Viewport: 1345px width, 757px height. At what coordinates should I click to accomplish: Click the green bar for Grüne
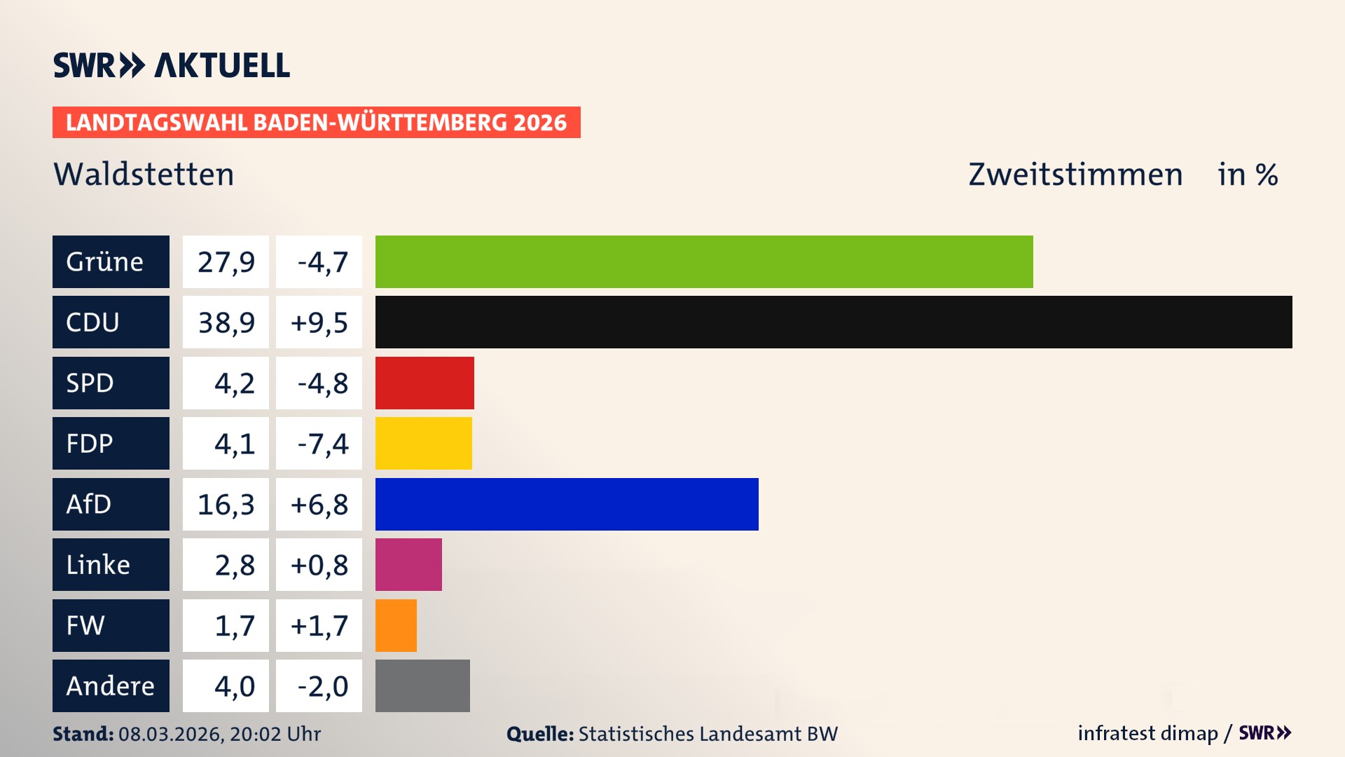point(704,261)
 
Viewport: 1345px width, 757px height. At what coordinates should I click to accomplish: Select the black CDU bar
point(834,322)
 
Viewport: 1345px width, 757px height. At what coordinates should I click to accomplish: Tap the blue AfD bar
point(567,504)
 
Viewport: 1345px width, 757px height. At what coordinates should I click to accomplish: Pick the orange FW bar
point(396,625)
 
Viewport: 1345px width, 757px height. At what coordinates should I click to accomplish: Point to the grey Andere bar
point(422,686)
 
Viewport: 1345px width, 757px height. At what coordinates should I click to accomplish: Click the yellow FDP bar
point(424,443)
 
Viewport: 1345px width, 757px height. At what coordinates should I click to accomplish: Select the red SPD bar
point(425,383)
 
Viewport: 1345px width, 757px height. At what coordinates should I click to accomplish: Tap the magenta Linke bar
point(408,564)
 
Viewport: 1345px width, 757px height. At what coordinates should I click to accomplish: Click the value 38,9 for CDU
point(226,322)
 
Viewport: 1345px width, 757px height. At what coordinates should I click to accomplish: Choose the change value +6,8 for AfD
point(319,504)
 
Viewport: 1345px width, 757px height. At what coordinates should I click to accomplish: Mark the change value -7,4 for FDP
point(319,443)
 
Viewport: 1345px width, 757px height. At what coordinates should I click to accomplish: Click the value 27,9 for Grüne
point(226,261)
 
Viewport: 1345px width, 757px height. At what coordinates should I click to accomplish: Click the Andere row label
point(111,686)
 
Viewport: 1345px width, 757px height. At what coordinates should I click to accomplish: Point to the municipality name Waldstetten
point(144,174)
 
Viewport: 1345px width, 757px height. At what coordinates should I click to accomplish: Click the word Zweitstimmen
point(1075,174)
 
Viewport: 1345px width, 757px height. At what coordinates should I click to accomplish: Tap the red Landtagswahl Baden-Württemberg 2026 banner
point(316,122)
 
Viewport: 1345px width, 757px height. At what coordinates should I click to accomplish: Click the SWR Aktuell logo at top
point(172,65)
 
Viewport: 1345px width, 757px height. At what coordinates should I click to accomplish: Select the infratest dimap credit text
point(1147,733)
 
